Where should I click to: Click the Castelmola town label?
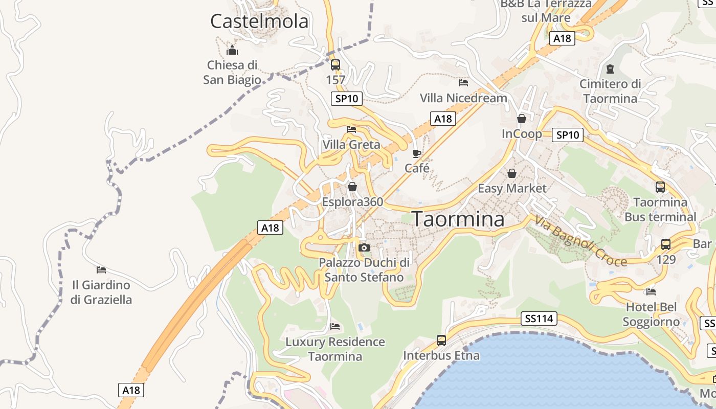click(259, 21)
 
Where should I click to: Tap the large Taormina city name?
click(458, 219)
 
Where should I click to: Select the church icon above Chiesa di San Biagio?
click(232, 50)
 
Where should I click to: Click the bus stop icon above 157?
click(335, 65)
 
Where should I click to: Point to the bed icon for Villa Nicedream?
click(463, 82)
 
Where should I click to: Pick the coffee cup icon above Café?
click(417, 153)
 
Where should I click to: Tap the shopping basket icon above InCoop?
click(522, 119)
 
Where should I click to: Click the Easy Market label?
click(512, 189)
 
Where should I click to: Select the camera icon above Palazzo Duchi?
click(364, 248)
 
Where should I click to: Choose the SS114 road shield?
click(539, 319)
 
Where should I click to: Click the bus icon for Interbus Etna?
click(441, 340)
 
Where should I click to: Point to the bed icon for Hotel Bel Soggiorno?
click(651, 292)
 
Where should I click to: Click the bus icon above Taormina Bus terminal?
click(660, 187)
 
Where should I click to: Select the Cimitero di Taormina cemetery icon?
click(610, 69)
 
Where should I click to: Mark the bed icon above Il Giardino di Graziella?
click(101, 269)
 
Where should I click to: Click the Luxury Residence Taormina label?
click(335, 349)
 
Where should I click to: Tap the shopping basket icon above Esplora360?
click(352, 187)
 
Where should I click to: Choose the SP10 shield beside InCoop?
click(568, 135)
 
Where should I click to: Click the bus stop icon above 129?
click(666, 244)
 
